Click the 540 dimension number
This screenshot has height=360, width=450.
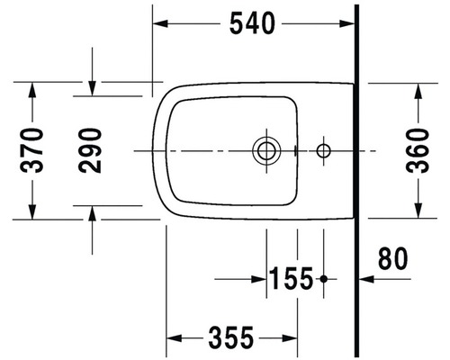coord(252,23)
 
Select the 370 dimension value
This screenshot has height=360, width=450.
coord(31,150)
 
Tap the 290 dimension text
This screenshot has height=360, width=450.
coord(90,150)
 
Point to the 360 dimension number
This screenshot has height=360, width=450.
coord(418,150)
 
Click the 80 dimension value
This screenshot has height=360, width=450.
coord(393,258)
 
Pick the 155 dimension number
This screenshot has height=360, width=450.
coord(292,279)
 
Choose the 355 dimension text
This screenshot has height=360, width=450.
coord(231,338)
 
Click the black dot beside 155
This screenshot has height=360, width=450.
coord(323,279)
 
